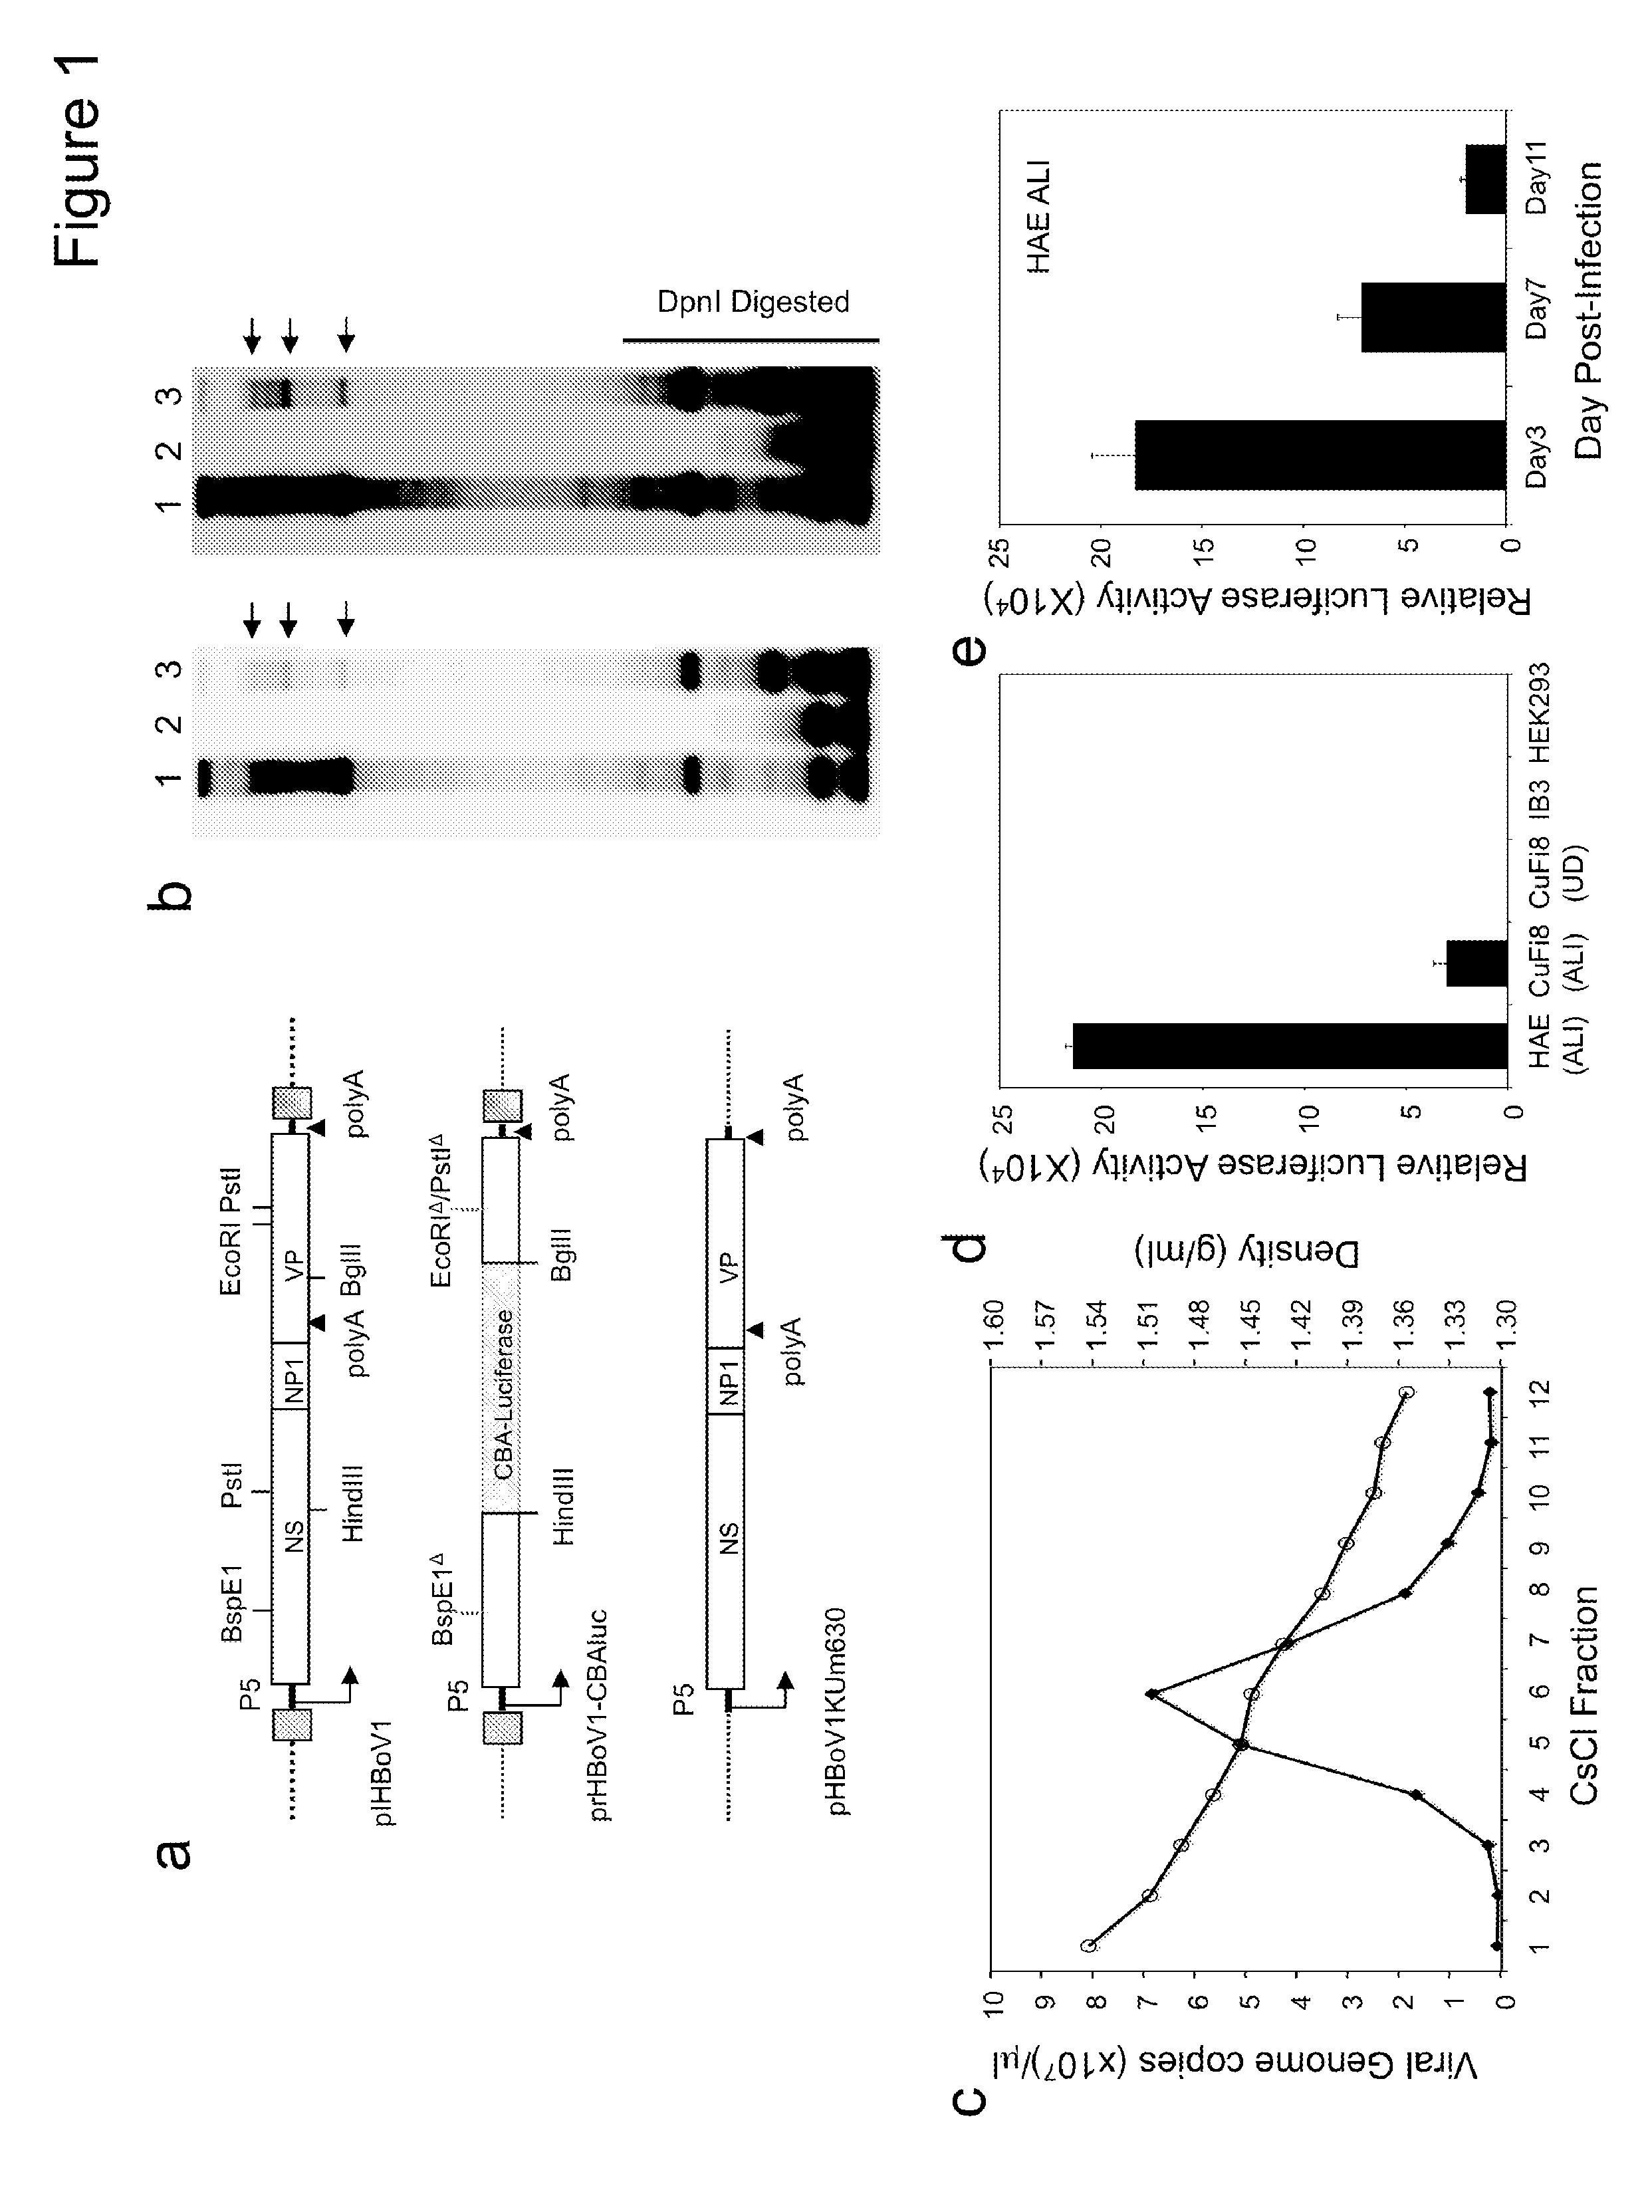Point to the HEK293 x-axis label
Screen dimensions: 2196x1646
pyautogui.click(x=1539, y=711)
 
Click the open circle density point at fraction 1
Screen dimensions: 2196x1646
pyautogui.click(x=1088, y=1946)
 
